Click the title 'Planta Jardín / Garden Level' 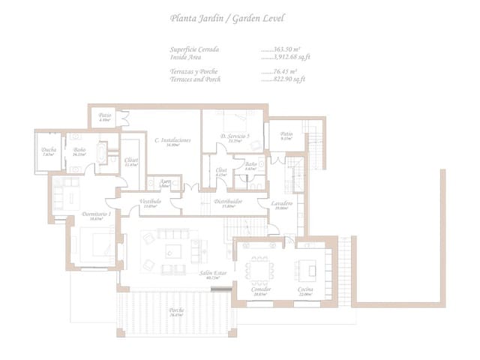click(217, 17)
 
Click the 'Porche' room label click(177, 310)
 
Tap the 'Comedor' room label click(262, 289)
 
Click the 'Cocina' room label click(305, 289)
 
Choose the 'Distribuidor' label click(227, 202)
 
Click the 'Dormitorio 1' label click(96, 214)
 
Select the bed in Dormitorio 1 click(93, 244)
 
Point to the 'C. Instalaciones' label click(172, 140)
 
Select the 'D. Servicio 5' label click(235, 136)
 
